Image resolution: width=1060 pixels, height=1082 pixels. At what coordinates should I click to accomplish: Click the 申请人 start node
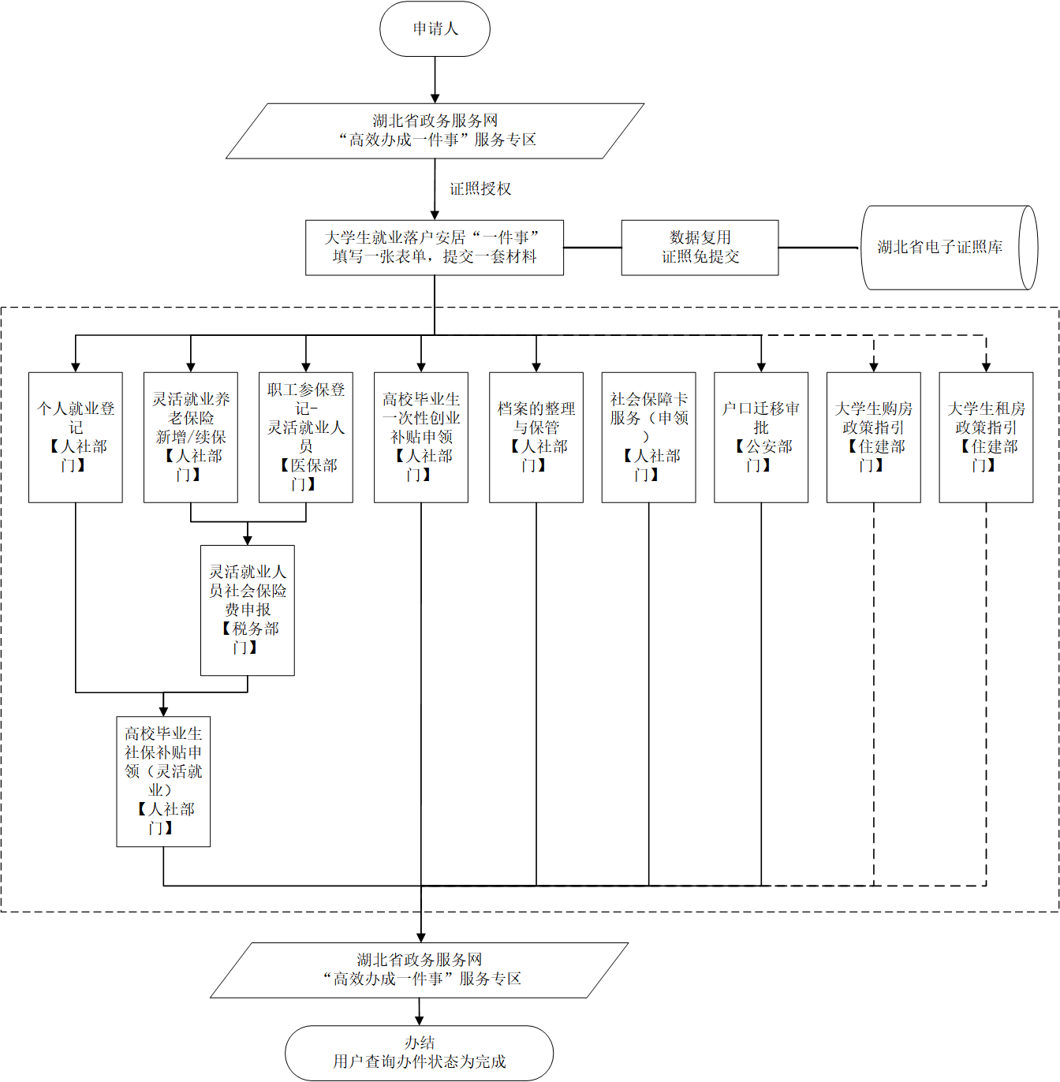point(435,29)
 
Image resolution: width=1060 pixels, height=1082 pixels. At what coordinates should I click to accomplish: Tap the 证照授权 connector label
point(480,189)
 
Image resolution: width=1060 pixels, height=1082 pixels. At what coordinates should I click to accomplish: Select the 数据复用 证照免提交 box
point(700,248)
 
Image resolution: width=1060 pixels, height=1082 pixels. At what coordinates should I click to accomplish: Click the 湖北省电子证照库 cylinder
point(947,248)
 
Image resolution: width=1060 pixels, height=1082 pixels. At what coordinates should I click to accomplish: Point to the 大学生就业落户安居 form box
point(435,248)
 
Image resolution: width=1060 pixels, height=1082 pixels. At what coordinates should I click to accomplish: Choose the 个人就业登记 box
point(76,437)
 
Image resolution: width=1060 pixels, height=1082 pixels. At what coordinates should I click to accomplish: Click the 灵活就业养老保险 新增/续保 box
point(191,437)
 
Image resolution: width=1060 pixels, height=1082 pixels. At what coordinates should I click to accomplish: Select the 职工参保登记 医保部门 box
point(306,437)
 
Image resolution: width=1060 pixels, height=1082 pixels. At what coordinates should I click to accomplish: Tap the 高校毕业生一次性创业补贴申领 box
point(421,437)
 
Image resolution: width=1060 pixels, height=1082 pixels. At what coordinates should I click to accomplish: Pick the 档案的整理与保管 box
point(536,437)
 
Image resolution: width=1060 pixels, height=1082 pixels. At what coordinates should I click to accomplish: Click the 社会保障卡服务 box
point(648,437)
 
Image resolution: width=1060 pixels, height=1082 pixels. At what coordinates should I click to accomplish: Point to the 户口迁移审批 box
point(761,437)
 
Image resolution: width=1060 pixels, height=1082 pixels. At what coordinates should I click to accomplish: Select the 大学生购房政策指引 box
point(874,437)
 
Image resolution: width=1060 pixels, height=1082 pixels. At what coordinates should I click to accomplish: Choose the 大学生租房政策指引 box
point(986,437)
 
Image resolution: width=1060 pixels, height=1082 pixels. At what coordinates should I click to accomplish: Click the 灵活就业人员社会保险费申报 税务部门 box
point(248,610)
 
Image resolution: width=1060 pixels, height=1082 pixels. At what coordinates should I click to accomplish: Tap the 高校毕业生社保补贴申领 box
point(163,781)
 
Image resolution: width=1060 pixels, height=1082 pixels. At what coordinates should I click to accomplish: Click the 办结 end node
point(419,1053)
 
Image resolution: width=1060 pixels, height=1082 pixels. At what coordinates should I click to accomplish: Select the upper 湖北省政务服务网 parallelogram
point(435,131)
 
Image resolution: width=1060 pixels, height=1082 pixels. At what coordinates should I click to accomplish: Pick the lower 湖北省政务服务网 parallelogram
point(419,970)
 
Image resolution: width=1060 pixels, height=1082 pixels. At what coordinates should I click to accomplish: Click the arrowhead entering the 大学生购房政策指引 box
point(874,367)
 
